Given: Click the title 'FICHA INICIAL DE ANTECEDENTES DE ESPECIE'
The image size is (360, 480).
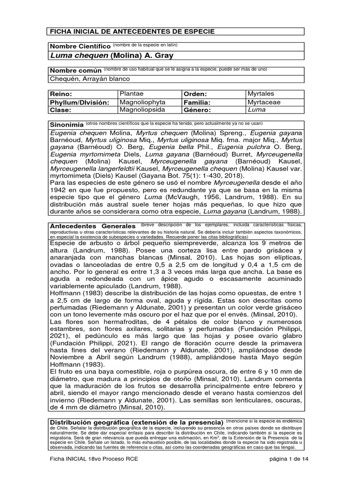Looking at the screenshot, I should click(x=132, y=31).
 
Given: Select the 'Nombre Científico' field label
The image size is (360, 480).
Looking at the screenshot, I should click(x=80, y=47).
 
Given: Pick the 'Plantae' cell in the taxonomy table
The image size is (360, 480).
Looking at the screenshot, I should click(x=131, y=93).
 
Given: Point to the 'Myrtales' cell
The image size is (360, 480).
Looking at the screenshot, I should click(x=261, y=93).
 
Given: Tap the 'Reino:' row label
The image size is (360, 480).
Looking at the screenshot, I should click(x=60, y=94).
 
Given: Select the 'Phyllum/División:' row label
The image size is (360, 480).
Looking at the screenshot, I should click(x=80, y=102).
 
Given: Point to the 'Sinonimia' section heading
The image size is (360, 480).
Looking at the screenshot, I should click(x=67, y=126).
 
